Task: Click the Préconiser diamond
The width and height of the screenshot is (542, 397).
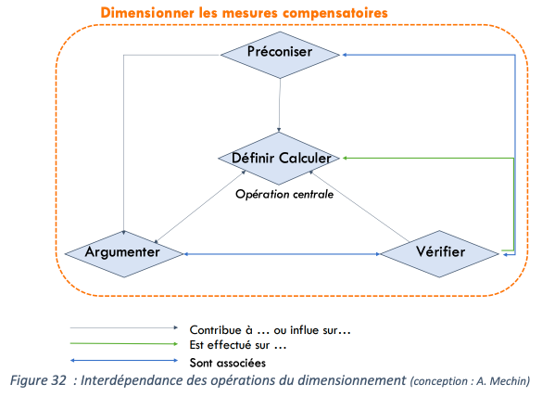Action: click(x=280, y=55)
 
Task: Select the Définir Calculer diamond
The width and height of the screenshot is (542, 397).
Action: click(x=279, y=159)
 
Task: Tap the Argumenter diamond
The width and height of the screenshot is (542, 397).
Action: click(x=124, y=254)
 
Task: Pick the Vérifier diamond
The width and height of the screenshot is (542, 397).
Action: click(x=440, y=254)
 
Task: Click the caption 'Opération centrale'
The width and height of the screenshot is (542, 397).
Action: click(x=284, y=194)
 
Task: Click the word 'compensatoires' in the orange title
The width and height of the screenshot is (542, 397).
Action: click(x=335, y=13)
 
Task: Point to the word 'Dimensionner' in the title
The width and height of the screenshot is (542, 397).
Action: click(x=147, y=13)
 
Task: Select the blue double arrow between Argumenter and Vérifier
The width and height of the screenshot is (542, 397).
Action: click(x=282, y=254)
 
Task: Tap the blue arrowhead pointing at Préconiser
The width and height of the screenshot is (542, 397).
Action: click(x=345, y=55)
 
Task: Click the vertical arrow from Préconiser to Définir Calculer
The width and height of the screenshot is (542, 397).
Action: click(x=279, y=105)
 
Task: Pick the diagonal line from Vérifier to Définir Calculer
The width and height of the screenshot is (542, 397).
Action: click(x=359, y=206)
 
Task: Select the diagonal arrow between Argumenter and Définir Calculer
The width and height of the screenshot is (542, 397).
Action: click(x=200, y=206)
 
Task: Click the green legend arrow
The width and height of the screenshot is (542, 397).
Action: click(x=124, y=344)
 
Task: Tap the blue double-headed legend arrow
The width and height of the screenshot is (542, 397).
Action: click(x=124, y=360)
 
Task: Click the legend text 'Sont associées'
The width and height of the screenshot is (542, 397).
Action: click(x=228, y=363)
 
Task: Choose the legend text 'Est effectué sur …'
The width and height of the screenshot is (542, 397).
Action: click(x=238, y=345)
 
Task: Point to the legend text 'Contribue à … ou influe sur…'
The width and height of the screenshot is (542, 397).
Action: click(x=271, y=330)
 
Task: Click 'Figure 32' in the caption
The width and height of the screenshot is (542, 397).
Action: click(x=38, y=380)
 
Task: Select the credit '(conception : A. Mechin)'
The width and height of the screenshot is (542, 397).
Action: click(x=470, y=381)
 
